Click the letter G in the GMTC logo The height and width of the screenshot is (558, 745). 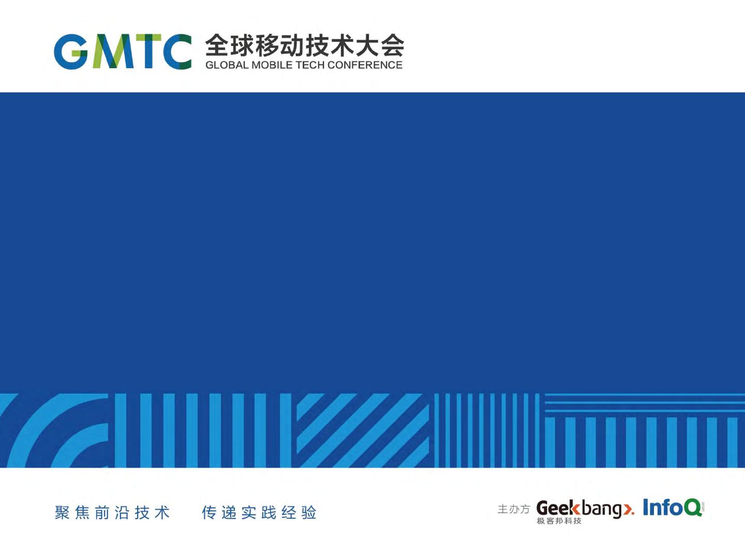tap(70, 52)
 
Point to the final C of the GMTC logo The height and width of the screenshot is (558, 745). tap(177, 52)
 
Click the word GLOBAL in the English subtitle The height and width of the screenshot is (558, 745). tap(227, 65)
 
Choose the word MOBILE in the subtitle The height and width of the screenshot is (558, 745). tap(272, 65)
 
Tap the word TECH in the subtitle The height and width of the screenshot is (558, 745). tap(310, 65)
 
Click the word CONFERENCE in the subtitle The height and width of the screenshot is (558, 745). tap(365, 65)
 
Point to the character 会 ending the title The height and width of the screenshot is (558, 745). tap(393, 45)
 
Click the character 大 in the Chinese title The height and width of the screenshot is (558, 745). tap(367, 45)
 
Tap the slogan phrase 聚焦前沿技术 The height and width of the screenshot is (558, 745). tap(112, 512)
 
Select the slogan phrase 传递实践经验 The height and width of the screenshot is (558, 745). tap(259, 512)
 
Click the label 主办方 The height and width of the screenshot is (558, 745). tap(514, 509)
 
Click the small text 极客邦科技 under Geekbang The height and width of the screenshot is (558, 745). tap(559, 521)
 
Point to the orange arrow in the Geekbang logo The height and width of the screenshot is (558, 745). tap(628, 509)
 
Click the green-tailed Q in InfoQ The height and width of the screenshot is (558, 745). tap(692, 507)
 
